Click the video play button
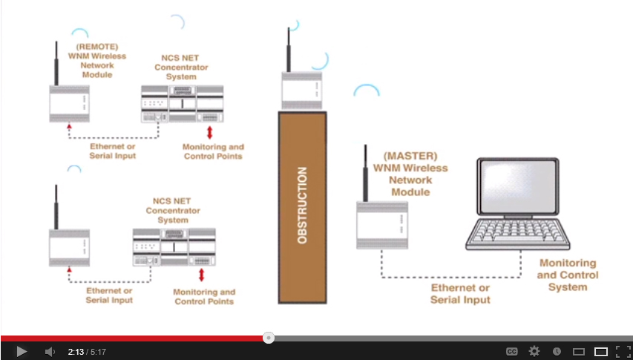pos(21,351)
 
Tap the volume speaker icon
pos(50,351)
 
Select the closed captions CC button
pos(512,351)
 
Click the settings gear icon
pos(534,351)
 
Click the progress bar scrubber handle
pos(269,338)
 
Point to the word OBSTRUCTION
pos(302,206)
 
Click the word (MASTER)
pos(410,157)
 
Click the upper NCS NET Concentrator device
pos(182,103)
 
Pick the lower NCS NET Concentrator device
pos(173,247)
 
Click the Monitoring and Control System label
pos(568,275)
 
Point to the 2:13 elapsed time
pos(75,351)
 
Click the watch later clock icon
pos(557,351)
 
